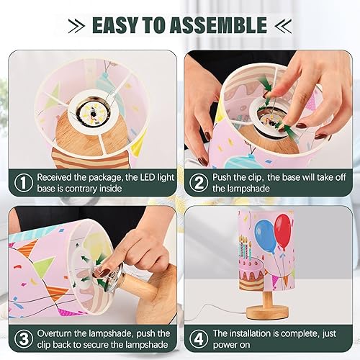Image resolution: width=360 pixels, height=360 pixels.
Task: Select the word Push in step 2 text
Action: point(226,176)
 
